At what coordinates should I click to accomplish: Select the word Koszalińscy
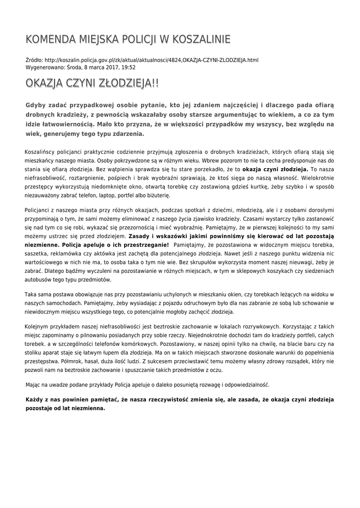[41, 151]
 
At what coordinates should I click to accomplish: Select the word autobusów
[38, 280]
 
